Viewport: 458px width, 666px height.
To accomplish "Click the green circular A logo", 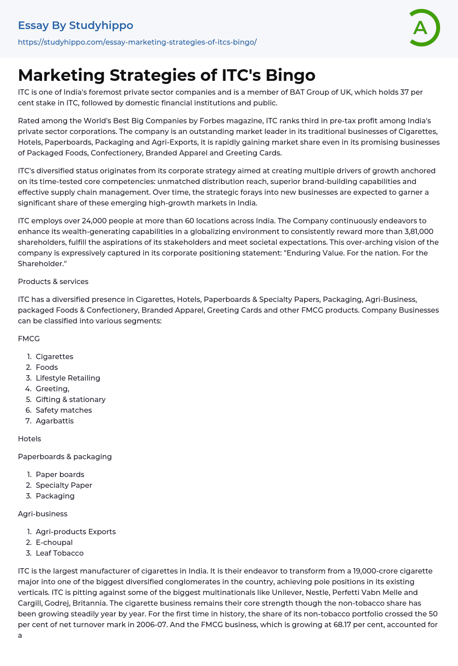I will pyautogui.click(x=424, y=28).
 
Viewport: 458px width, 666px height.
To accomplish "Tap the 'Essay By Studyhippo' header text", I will pyautogui.click(x=76, y=25).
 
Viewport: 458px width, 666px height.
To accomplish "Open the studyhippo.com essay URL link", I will pyautogui.click(x=137, y=42).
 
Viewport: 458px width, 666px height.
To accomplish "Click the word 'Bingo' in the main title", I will pyautogui.click(x=290, y=75).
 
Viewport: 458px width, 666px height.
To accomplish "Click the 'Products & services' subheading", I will pyautogui.click(x=53, y=281).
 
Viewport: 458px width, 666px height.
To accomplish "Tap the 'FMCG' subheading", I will pyautogui.click(x=29, y=339).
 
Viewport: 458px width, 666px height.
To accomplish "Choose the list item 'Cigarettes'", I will pyautogui.click(x=55, y=356).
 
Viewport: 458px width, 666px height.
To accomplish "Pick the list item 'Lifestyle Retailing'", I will pyautogui.click(x=68, y=378).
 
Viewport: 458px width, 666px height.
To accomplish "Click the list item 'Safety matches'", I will pyautogui.click(x=64, y=410).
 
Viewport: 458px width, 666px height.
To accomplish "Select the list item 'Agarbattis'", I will pyautogui.click(x=55, y=421).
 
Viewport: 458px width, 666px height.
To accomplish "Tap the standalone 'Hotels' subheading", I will pyautogui.click(x=30, y=439).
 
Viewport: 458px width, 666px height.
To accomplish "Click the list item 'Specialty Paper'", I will pyautogui.click(x=64, y=485).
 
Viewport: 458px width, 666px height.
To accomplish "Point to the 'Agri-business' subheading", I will pyautogui.click(x=42, y=514).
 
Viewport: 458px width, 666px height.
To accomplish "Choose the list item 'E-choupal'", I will pyautogui.click(x=54, y=542).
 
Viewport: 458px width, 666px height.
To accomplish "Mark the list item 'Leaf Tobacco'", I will pyautogui.click(x=59, y=553).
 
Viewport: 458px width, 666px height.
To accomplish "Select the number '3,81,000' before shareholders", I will pyautogui.click(x=419, y=231).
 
